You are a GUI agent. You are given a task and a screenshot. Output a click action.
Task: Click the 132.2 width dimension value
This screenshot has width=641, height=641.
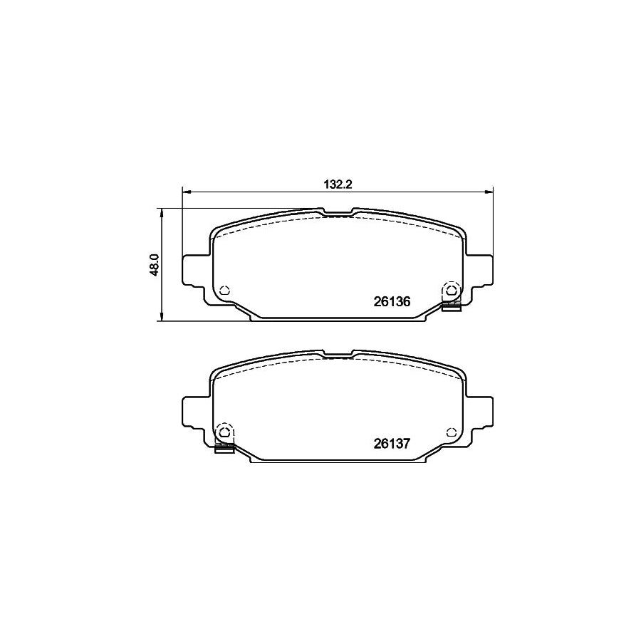pos(339,184)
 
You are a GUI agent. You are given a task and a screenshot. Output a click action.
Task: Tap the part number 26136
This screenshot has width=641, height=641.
pos(392,301)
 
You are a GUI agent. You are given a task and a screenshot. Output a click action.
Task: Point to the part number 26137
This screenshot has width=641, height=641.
pos(392,443)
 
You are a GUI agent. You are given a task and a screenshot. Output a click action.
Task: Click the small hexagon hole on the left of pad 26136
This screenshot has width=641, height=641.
pos(224,290)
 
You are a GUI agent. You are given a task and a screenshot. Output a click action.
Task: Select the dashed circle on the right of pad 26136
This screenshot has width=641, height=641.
pos(451,290)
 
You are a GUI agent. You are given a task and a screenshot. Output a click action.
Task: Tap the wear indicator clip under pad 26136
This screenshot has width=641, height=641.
pos(451,306)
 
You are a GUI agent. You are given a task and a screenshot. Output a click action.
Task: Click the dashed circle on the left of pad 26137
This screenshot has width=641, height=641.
pos(224,432)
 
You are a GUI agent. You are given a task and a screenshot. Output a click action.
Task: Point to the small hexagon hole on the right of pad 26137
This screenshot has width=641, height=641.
pos(451,432)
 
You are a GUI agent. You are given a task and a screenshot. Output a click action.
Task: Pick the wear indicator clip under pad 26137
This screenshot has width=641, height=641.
pos(224,448)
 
